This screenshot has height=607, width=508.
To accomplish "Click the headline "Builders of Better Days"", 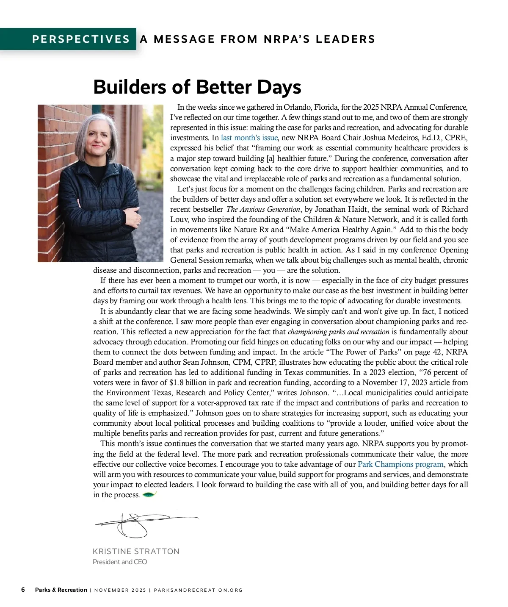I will pyautogui.click(x=197, y=87).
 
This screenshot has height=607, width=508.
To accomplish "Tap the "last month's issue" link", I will pyautogui.click(x=249, y=138).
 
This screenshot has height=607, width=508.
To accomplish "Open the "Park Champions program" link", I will pyautogui.click(x=400, y=464).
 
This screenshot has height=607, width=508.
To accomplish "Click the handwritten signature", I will pyautogui.click(x=140, y=524).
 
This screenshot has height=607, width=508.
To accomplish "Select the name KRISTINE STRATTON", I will pyautogui.click(x=136, y=551).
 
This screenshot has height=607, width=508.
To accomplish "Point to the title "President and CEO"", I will pyautogui.click(x=120, y=562).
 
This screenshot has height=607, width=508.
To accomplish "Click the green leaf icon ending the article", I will pyautogui.click(x=150, y=494).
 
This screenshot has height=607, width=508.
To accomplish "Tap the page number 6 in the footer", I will pyautogui.click(x=23, y=590).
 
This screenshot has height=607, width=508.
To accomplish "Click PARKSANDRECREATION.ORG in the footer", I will pyautogui.click(x=198, y=590).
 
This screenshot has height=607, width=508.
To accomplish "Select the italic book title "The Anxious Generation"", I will pyautogui.click(x=263, y=209).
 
